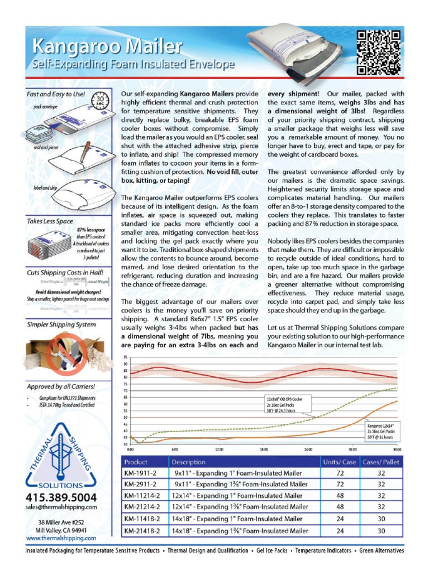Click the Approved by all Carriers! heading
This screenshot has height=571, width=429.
61,386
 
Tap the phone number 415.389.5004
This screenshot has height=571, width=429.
61,497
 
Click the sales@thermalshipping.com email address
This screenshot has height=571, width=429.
61,507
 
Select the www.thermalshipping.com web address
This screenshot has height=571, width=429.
61,538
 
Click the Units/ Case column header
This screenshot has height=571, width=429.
339,462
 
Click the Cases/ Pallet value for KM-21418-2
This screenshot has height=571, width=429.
381,531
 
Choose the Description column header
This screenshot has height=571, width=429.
189,462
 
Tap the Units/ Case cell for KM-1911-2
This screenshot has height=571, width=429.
339,473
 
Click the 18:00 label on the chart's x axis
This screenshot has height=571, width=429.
264,448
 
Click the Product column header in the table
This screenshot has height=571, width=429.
136,462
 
